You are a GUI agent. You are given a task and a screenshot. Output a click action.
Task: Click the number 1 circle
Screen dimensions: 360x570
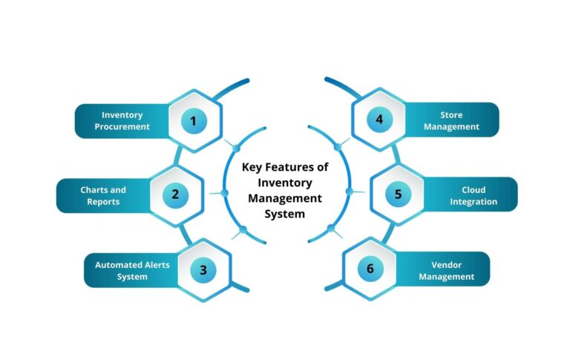(x=194, y=120)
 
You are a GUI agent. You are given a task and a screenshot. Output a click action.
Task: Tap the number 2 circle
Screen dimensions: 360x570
(x=175, y=195)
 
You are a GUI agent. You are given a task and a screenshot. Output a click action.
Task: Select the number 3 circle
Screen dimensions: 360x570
(x=203, y=269)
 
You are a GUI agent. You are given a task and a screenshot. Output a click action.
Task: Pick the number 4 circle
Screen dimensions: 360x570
(x=379, y=120)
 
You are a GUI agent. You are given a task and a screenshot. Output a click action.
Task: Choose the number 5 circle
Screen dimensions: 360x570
(x=398, y=195)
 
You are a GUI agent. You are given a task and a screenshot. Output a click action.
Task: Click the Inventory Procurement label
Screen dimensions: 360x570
(x=122, y=120)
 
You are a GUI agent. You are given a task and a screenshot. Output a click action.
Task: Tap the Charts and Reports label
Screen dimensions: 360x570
(x=103, y=195)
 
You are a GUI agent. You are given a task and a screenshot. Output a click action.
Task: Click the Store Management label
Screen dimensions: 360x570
(x=451, y=120)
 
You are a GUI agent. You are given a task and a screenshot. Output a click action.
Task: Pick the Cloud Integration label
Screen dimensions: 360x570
(x=473, y=195)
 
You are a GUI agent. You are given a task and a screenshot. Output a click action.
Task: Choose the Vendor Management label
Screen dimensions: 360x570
(x=446, y=270)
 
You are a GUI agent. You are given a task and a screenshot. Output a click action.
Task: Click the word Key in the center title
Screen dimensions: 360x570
(x=252, y=167)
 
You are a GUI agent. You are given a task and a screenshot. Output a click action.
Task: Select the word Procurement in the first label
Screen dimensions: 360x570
(x=122, y=126)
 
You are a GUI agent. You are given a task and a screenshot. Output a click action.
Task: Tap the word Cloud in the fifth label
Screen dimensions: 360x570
(x=473, y=190)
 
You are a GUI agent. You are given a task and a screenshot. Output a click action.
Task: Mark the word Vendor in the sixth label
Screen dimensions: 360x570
(x=446, y=264)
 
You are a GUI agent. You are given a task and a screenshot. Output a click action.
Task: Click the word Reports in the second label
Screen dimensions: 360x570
(x=103, y=201)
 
